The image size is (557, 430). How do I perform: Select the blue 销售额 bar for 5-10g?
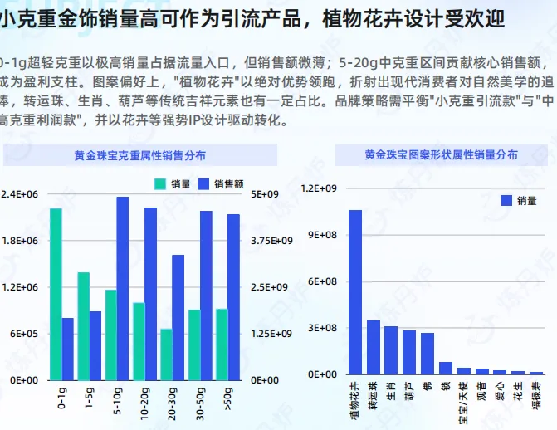click(122, 288)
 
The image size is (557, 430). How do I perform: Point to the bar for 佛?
click(428, 354)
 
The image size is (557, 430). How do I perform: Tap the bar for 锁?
click(446, 368)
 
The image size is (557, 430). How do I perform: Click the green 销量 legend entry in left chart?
click(173, 183)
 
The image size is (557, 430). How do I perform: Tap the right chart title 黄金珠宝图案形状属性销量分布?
click(441, 154)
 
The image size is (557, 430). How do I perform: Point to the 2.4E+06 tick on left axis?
click(20, 194)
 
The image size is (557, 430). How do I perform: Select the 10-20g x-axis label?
click(145, 399)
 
